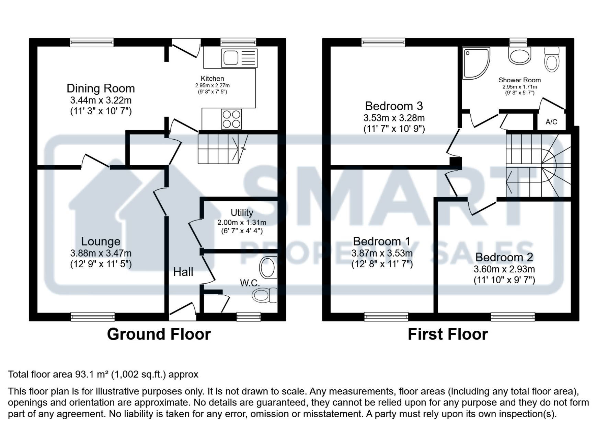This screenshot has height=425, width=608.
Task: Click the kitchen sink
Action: (239, 58)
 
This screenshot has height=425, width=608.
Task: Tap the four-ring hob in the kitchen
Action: (231, 119)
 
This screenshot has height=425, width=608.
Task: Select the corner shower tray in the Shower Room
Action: (476, 63)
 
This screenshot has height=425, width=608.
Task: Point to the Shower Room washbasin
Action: (519, 56)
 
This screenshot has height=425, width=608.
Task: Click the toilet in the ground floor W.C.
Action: (264, 295)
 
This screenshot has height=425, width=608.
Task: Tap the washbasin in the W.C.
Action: (268, 268)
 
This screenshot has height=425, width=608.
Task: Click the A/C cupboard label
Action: (551, 122)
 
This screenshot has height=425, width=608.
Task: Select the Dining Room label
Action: (101, 88)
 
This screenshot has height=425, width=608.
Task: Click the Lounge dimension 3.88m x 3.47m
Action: (101, 253)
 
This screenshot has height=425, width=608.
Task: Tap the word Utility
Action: (242, 213)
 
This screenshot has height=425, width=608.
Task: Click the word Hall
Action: (183, 272)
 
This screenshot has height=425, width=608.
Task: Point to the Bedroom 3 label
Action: (394, 106)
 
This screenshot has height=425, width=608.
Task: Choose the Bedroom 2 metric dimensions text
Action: (504, 269)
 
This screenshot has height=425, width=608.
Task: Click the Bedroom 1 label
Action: (382, 241)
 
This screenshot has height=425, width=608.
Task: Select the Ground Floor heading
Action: (159, 334)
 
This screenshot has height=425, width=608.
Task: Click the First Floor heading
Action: (448, 334)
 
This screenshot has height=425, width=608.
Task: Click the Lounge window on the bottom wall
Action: (93, 317)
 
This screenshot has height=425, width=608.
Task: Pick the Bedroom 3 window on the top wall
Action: (383, 42)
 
